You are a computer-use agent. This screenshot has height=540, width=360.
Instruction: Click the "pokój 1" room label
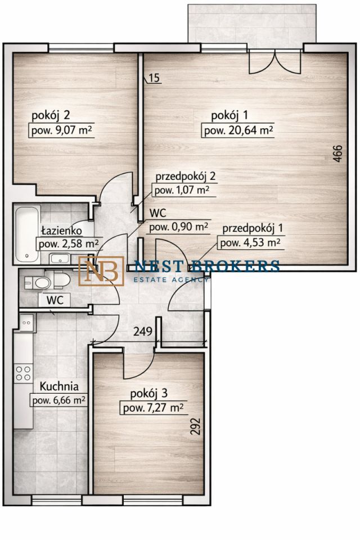(229, 116)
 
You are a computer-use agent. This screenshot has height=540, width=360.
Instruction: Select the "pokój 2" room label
(51, 116)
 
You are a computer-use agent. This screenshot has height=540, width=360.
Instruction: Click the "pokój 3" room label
(149, 393)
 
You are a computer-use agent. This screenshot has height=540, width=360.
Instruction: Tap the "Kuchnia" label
(59, 386)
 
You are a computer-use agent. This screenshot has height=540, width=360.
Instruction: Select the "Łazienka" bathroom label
(61, 231)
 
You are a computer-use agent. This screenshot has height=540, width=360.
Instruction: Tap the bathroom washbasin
(59, 258)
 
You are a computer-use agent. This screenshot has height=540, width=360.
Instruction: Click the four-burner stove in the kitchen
(24, 373)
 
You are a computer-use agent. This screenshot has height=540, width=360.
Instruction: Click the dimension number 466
(338, 154)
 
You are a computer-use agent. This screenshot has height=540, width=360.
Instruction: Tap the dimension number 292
(195, 427)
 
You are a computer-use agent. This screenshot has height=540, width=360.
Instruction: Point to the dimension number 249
(143, 331)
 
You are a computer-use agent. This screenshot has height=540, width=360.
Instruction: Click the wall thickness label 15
(155, 78)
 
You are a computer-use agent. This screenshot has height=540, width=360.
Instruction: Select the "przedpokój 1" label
(253, 228)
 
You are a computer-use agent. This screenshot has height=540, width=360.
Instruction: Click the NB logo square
(101, 271)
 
